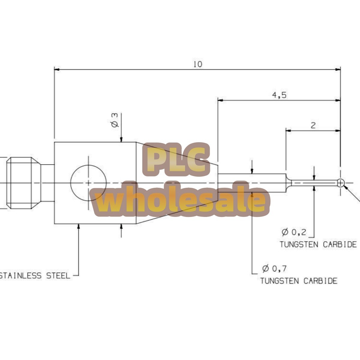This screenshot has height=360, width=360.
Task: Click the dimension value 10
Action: point(198,64)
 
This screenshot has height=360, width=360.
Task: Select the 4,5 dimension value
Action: point(279,95)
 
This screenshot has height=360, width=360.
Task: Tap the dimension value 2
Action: point(313,125)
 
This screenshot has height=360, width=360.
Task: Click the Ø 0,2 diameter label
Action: point(294,232)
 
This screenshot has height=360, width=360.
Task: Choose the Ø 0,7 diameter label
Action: point(274,268)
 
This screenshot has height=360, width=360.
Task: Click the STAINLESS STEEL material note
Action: point(35,276)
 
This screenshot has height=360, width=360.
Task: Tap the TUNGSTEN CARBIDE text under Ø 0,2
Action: point(318,244)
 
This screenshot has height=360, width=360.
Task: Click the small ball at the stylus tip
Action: point(340,183)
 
